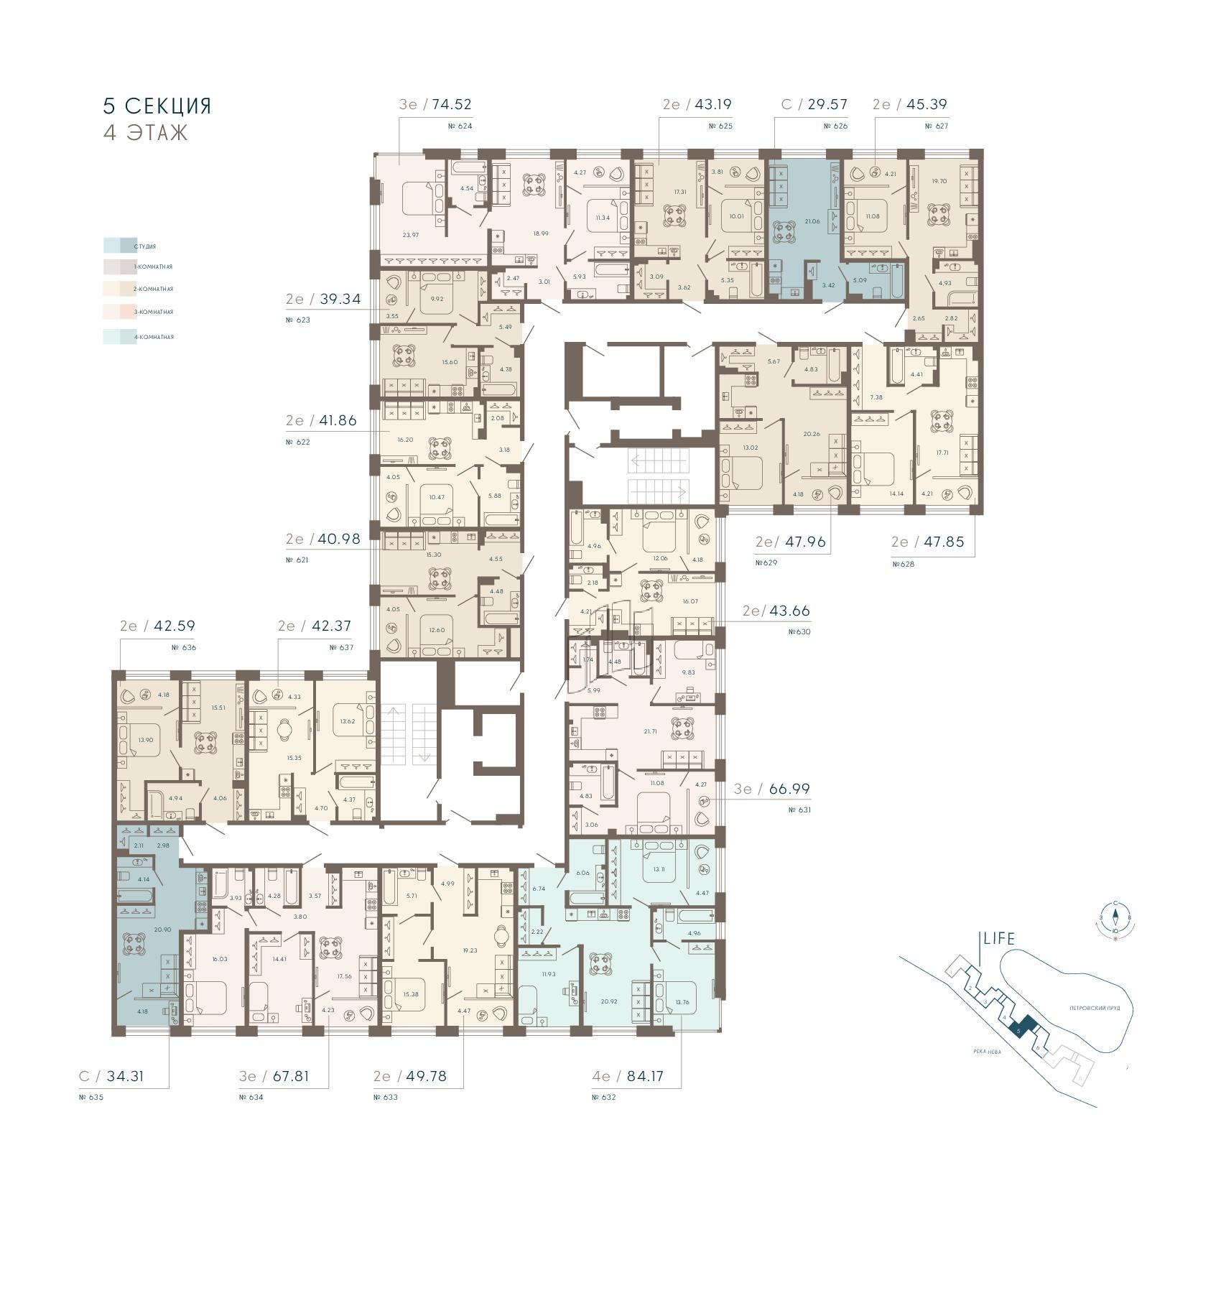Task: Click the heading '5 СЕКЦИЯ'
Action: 157,106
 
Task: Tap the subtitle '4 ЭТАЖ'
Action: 145,133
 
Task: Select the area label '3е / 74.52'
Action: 435,104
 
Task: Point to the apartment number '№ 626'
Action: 835,126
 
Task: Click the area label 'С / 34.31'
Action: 111,1076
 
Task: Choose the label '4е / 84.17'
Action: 627,1076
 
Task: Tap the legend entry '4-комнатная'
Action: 153,337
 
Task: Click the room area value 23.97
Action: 409,235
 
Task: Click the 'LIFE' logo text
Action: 999,938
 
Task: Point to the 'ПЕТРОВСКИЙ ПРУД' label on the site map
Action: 1095,1008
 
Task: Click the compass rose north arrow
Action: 1115,915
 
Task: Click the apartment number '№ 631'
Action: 799,810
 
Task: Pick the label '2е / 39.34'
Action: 322,299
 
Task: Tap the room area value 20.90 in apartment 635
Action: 162,930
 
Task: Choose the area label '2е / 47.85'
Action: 937,542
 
